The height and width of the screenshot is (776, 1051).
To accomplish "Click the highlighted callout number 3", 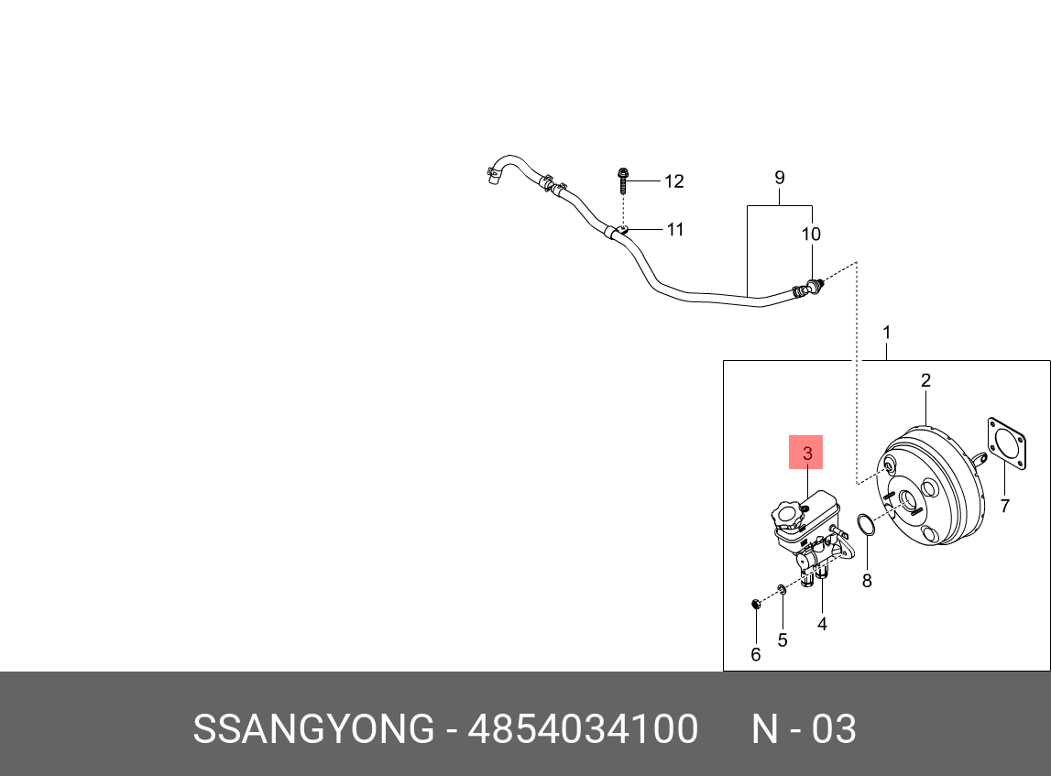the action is point(806,453).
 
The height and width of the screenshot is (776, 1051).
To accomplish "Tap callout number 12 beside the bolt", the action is point(673,181).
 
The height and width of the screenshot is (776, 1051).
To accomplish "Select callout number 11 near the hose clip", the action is point(674,229).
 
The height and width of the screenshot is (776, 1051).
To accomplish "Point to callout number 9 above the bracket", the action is point(779,177).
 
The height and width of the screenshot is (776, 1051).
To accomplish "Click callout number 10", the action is point(811,235).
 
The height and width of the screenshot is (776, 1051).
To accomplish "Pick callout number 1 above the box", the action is point(886,332).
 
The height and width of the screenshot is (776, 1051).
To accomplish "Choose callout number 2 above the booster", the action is point(925,380).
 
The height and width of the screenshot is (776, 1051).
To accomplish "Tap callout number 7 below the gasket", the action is point(1004,505).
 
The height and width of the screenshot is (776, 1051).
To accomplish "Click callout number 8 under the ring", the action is point(867,580).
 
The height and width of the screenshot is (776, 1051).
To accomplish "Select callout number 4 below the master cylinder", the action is point(822,624).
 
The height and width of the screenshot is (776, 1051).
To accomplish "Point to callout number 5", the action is point(782,639).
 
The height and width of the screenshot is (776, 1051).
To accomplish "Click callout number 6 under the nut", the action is point(756,654).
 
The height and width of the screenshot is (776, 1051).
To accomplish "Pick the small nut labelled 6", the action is point(756,604).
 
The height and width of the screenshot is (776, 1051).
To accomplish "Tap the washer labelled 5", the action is point(781,590).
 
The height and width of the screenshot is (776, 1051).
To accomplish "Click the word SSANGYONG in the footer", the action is point(312,729).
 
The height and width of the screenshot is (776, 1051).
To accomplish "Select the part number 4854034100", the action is point(583,729).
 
